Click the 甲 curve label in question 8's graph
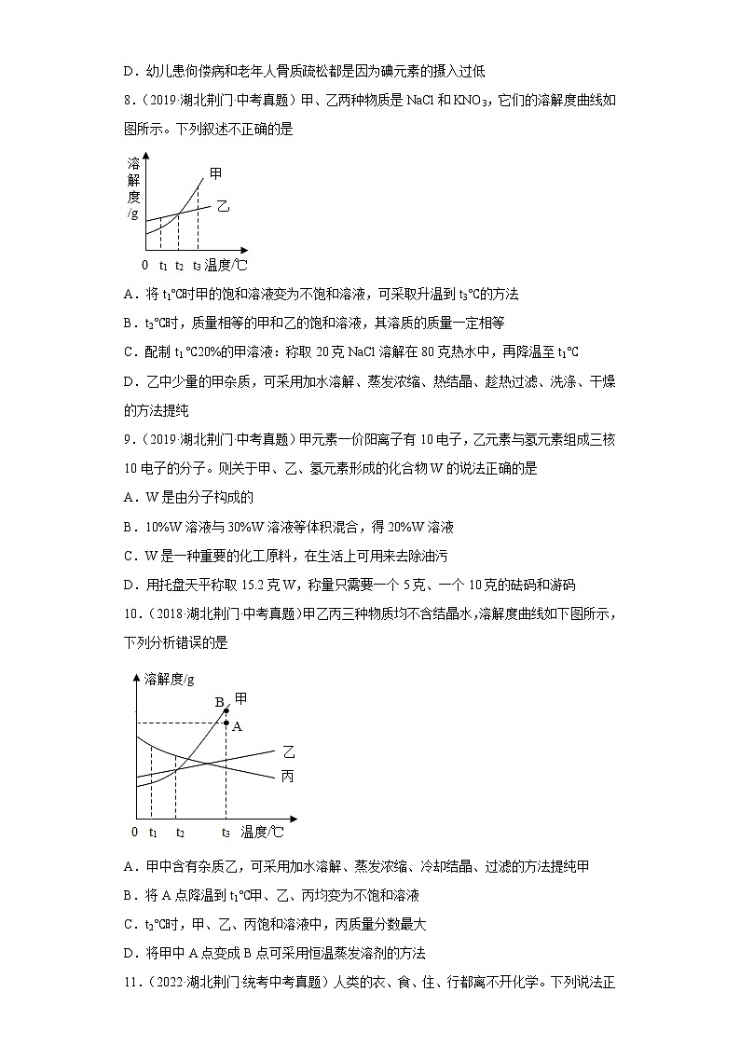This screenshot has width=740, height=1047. point(216,173)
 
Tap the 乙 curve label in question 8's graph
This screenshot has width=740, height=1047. point(223,206)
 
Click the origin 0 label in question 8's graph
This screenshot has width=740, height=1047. point(144,265)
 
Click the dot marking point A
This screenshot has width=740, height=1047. point(226,723)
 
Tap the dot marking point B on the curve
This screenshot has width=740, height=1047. point(226,710)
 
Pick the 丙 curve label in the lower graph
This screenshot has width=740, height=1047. point(287,776)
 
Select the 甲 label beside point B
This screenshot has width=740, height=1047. point(240,697)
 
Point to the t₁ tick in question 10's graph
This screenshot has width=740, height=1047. point(152,831)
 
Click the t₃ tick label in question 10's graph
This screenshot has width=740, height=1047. point(226,831)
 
